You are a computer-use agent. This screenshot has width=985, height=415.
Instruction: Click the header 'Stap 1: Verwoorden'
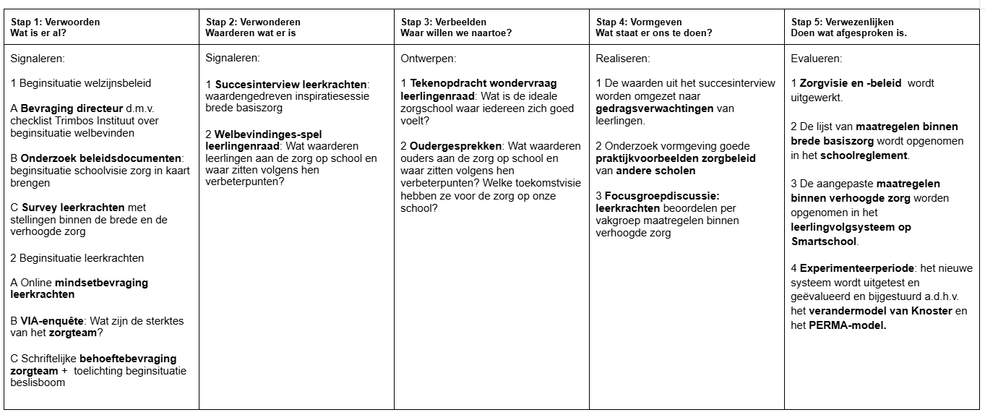pyautogui.click(x=55, y=22)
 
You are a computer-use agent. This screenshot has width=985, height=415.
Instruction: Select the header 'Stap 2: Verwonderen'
pyautogui.click(x=253, y=22)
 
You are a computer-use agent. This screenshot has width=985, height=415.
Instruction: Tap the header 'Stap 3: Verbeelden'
pyautogui.click(x=444, y=22)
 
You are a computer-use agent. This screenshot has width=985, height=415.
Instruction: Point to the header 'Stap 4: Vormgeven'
pyautogui.click(x=639, y=22)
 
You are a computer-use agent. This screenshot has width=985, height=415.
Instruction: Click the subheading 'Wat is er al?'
pyautogui.click(x=39, y=33)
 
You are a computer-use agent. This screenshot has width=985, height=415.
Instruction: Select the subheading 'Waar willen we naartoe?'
pyautogui.click(x=456, y=33)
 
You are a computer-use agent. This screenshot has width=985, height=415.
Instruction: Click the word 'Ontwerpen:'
pyautogui.click(x=429, y=58)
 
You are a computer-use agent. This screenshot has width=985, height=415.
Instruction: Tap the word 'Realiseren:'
pyautogui.click(x=623, y=58)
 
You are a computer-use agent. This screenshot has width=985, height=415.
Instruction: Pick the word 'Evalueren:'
pyautogui.click(x=817, y=58)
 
